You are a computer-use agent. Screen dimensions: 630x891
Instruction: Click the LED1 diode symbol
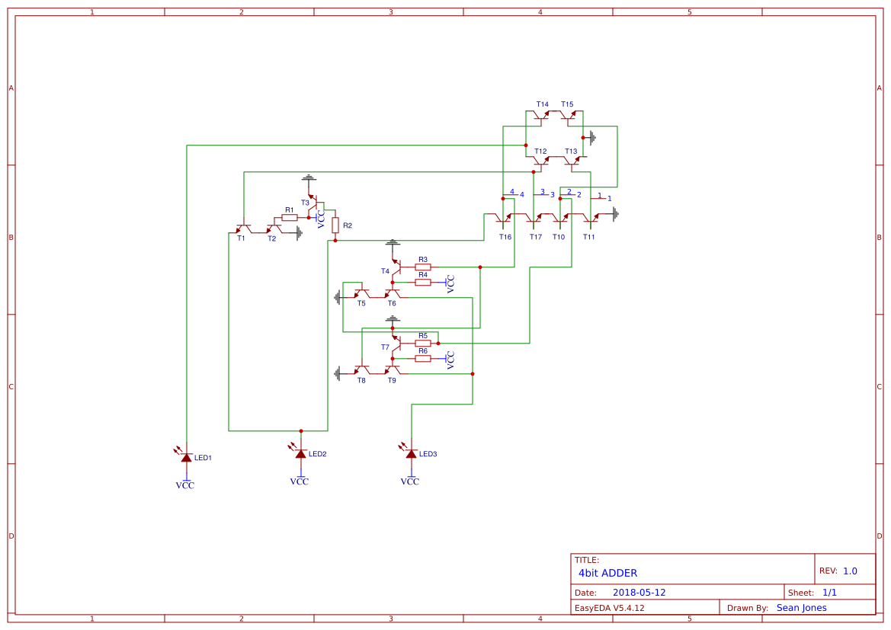click(187, 457)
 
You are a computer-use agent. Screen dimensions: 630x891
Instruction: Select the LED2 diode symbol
click(300, 454)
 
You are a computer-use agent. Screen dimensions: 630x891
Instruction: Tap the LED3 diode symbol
click(412, 454)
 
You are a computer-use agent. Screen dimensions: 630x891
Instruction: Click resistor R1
click(290, 218)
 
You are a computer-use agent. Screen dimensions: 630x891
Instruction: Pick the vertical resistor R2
click(335, 225)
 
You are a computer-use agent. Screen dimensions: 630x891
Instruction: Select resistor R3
click(423, 267)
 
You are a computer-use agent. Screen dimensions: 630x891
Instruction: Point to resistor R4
click(423, 283)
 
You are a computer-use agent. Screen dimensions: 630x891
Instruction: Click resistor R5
click(423, 344)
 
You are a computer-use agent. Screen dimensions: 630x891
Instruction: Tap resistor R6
click(423, 359)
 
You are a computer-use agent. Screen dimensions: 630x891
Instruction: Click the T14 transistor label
click(542, 104)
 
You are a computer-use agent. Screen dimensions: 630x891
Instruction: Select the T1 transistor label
click(241, 238)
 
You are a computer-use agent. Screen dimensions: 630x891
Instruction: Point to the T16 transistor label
click(505, 237)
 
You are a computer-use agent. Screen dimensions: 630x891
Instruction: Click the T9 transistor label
click(392, 380)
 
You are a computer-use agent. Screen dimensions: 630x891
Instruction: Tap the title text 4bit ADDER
click(607, 573)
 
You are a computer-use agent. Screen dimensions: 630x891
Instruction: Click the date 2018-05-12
click(639, 593)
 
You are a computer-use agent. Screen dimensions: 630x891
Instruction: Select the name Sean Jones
click(801, 608)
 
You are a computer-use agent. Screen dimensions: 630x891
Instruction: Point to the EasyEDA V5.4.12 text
click(609, 608)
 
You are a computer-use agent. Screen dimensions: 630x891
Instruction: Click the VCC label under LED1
click(185, 485)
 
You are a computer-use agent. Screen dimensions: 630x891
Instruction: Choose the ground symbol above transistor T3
click(308, 179)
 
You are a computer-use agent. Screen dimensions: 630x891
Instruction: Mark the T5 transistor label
click(361, 303)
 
